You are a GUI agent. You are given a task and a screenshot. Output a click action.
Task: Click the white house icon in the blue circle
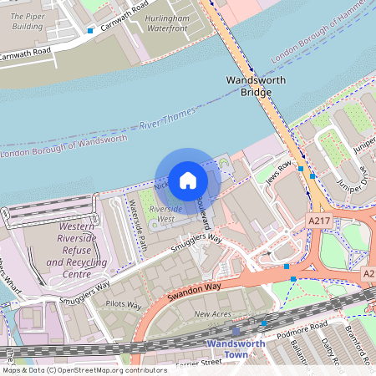(x=187, y=180)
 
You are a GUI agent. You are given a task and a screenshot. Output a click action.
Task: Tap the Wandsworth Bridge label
(x=256, y=87)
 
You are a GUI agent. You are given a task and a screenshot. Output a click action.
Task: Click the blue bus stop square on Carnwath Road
(x=90, y=31)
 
